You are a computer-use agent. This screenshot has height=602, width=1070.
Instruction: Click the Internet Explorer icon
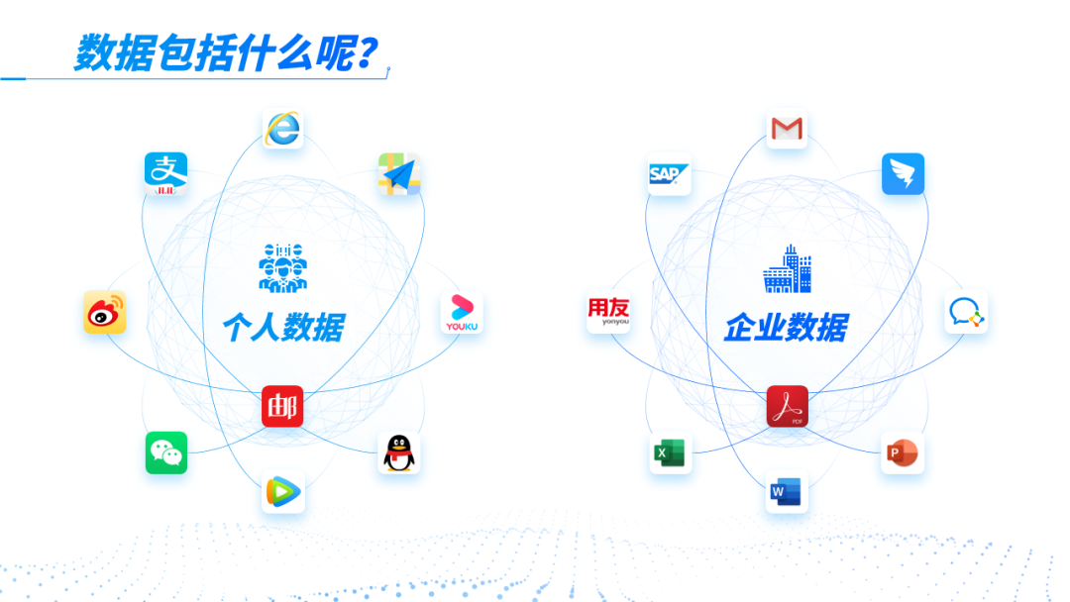[283, 129]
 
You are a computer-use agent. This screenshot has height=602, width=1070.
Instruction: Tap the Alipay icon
[165, 173]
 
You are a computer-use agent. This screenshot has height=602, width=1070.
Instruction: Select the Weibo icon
[105, 313]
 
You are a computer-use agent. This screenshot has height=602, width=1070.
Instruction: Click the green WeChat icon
[166, 452]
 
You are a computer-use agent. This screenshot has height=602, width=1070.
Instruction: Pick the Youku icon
[461, 313]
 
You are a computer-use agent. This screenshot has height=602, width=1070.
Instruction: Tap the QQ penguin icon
[399, 452]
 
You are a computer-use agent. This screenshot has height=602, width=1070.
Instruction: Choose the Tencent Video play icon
[283, 491]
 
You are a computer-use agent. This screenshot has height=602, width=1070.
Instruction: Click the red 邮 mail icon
[282, 406]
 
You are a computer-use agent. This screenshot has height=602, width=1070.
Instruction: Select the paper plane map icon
[399, 174]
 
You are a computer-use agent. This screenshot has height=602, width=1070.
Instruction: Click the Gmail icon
[787, 129]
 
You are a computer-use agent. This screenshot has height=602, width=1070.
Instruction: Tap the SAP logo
[669, 174]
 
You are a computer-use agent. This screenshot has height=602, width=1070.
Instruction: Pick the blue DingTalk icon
[903, 174]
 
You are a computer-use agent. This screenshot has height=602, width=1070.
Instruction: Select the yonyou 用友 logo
[608, 313]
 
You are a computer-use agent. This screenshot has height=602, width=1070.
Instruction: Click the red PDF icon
[787, 406]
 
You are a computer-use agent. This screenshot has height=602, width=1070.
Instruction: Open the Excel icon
[670, 453]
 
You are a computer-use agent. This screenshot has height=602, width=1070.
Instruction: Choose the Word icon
[787, 491]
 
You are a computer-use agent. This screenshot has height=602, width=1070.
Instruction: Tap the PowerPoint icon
[903, 453]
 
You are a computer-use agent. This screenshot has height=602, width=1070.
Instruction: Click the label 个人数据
[282, 327]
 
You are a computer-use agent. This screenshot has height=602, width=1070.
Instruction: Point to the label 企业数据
[786, 327]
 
